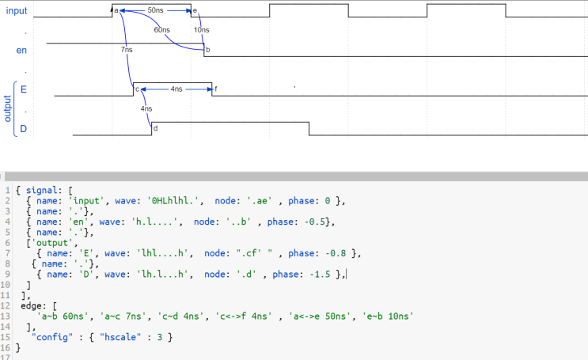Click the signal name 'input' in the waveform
click(x=17, y=11)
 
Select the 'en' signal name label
click(x=21, y=51)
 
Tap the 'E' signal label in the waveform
click(x=24, y=89)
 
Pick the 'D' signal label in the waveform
click(x=23, y=129)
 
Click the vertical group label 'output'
click(x=7, y=108)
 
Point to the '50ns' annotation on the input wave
click(x=155, y=10)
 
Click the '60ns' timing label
click(x=162, y=30)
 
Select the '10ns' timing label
click(x=201, y=30)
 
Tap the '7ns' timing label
click(x=127, y=50)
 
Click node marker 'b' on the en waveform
click(x=208, y=50)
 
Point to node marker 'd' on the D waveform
click(x=156, y=128)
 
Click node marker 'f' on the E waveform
click(x=215, y=89)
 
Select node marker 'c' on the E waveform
click(x=137, y=89)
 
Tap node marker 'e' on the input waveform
click(x=195, y=10)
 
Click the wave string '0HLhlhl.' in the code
click(x=176, y=201)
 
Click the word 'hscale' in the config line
click(x=120, y=337)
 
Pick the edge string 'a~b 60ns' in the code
click(x=63, y=316)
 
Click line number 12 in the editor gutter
click(x=5, y=306)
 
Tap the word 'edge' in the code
click(x=31, y=306)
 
